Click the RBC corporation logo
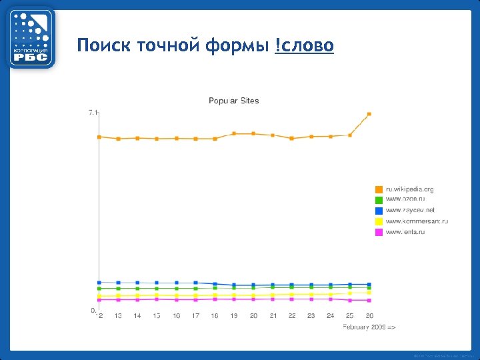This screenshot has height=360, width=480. (x=31, y=37)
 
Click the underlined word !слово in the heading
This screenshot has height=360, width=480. (x=304, y=46)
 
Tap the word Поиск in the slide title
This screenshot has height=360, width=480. (x=103, y=46)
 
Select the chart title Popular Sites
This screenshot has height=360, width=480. (x=233, y=101)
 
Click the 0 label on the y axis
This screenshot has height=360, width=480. (x=94, y=311)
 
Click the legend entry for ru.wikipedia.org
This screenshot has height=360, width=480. (x=409, y=189)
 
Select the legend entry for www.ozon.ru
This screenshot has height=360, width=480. (x=405, y=199)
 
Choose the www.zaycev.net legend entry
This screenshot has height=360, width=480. (x=410, y=210)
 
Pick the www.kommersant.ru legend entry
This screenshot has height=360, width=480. (x=417, y=221)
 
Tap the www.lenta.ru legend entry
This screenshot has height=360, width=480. (x=405, y=231)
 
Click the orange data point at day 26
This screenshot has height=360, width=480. (x=369, y=114)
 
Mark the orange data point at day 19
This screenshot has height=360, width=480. (x=234, y=133)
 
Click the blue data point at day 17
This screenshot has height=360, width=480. (x=195, y=283)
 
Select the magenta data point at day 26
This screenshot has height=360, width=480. (x=369, y=300)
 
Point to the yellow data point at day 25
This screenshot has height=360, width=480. (x=350, y=293)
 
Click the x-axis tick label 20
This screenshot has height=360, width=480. (x=253, y=316)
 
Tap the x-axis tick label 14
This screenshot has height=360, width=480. (x=137, y=316)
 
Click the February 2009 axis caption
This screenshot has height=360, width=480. (x=369, y=327)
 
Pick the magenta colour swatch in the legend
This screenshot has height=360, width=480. (x=379, y=232)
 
